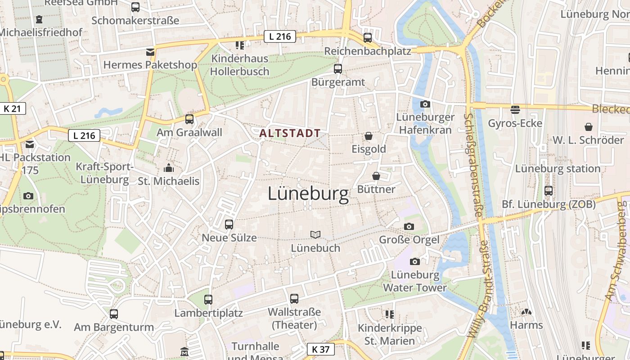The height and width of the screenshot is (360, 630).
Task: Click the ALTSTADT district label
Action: coord(290,133)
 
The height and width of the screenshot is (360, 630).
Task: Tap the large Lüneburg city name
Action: coord(308,194)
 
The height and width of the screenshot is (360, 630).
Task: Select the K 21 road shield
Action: coord(13,108)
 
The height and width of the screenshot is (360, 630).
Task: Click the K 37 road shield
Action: coord(321,349)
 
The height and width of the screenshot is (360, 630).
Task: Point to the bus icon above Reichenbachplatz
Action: coord(368,37)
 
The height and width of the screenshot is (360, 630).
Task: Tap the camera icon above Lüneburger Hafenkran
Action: coord(425,104)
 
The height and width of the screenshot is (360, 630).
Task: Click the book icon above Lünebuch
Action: coord(315,234)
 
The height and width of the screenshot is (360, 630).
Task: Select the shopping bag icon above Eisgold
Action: coord(369,135)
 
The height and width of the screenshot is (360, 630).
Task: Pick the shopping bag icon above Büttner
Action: coord(376,175)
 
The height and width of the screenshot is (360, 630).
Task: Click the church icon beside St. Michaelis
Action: coord(169,168)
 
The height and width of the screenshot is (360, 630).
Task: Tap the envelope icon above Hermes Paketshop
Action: coord(150,52)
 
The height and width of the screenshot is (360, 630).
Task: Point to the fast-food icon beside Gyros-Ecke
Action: coord(515,109)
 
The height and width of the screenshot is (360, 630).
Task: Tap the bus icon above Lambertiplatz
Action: coord(208,299)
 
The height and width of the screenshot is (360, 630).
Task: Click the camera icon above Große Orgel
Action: coord(409,226)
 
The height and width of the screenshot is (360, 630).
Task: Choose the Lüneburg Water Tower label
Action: coord(415,281)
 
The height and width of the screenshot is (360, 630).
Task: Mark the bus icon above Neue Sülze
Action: coord(229,224)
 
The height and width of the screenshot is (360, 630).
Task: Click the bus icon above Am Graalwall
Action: coord(189,119)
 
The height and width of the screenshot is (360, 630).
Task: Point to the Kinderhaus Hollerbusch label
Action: coord(240,65)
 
